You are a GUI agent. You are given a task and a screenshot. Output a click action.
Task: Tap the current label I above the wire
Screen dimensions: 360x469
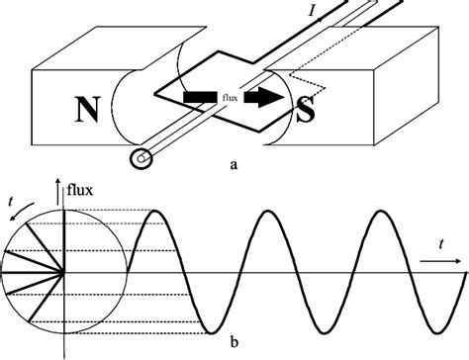click(x=315, y=12)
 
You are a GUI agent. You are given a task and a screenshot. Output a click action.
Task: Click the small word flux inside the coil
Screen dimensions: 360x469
click(x=228, y=98)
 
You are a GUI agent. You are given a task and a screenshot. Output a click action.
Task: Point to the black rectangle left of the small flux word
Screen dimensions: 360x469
click(x=199, y=98)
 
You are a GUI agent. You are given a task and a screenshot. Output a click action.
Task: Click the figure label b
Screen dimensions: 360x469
click(x=234, y=343)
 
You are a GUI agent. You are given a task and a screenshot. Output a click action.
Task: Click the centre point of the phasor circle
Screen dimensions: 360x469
click(x=64, y=271)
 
